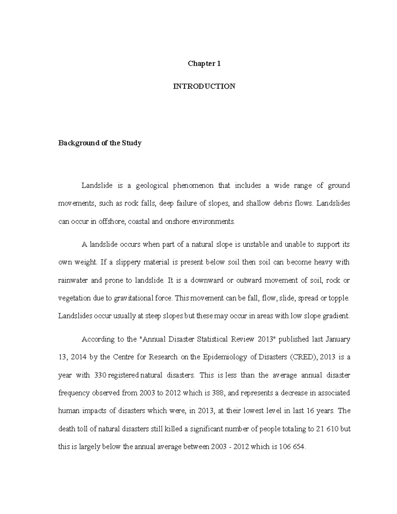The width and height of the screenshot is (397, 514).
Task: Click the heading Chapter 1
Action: point(204,64)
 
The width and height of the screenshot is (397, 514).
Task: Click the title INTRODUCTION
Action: point(204,86)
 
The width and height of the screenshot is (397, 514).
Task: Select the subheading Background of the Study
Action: point(100,143)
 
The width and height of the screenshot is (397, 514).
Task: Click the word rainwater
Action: point(73,280)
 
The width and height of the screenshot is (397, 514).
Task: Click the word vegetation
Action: point(74,298)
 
